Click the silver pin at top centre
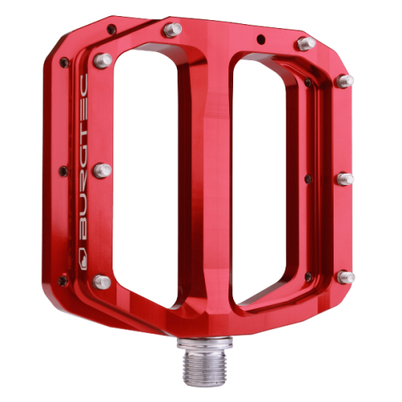(171, 31)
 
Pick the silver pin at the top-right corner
(306, 43)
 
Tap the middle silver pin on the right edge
(345, 178)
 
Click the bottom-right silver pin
(346, 277)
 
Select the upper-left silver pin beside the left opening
(102, 60)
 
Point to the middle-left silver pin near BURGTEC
(102, 170)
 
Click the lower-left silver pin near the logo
(101, 281)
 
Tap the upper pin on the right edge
(344, 80)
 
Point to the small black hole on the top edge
(261, 38)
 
